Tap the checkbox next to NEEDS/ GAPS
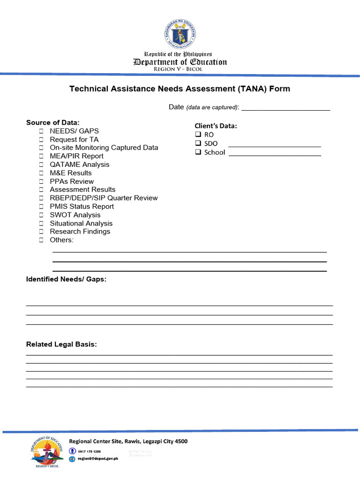[41, 131]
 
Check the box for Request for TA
[41, 140]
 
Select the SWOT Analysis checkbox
[41, 215]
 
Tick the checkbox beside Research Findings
[41, 232]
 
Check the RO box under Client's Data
[198, 135]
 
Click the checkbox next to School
[198, 152]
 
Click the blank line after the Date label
[285, 109]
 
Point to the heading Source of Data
[53, 122]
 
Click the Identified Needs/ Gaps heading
[66, 279]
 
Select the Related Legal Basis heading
[61, 345]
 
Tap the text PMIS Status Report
[82, 207]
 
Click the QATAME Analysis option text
[79, 165]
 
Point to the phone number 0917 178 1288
[90, 451]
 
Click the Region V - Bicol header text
[180, 69]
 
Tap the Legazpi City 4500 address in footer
[160, 441]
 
